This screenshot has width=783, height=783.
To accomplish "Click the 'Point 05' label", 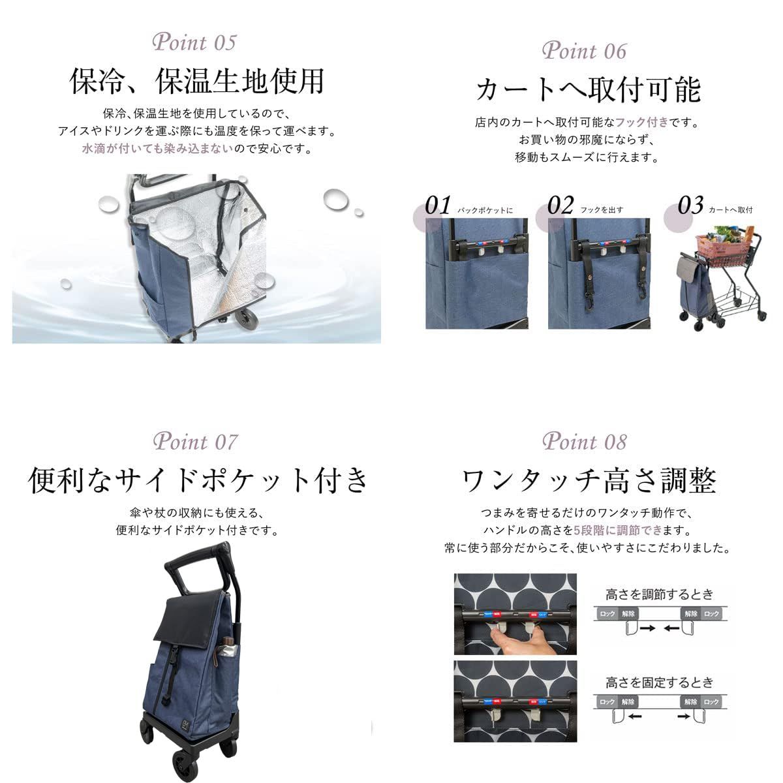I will point(194,43).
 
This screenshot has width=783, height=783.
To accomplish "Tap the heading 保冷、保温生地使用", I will point(196,82).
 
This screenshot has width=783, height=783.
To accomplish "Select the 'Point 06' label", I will point(584,50).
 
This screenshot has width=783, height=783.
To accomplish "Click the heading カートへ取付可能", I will point(588,89).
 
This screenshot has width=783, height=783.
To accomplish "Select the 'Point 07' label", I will point(195,442).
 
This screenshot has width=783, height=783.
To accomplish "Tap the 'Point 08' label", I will point(584,442).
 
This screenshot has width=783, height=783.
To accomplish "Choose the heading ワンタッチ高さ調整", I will point(589,482).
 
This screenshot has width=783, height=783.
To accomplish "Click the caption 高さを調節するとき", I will point(660,594).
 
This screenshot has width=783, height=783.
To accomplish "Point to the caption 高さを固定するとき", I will point(660,683).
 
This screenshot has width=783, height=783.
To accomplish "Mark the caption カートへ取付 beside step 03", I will point(730,210).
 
